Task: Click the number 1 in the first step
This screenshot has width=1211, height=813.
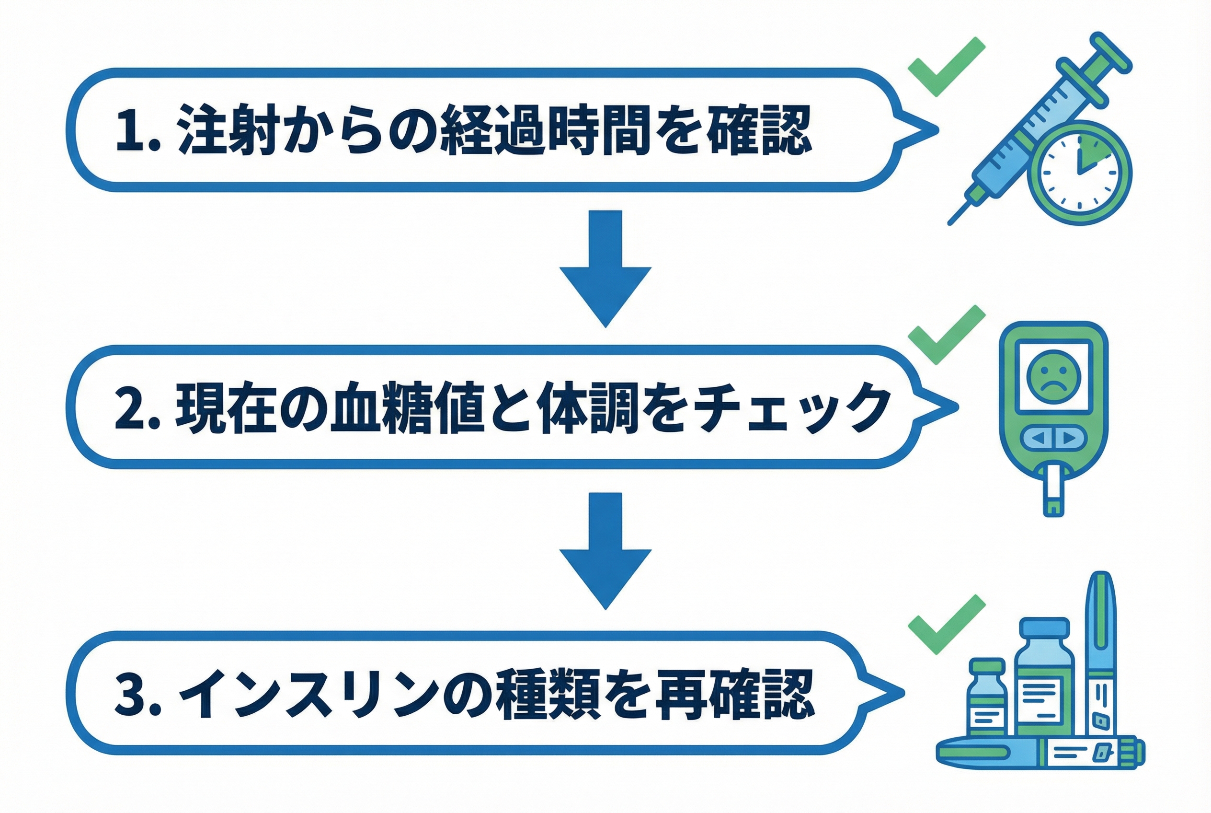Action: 131,129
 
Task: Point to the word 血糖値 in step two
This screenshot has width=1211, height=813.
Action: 406,407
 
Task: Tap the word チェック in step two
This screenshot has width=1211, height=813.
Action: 795,407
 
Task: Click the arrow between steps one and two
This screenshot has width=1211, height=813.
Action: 605,268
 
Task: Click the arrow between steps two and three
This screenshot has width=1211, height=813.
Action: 605,551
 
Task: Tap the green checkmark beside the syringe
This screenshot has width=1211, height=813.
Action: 946,68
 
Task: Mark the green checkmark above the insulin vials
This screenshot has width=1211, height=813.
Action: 946,624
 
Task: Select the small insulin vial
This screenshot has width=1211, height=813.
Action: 988,697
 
